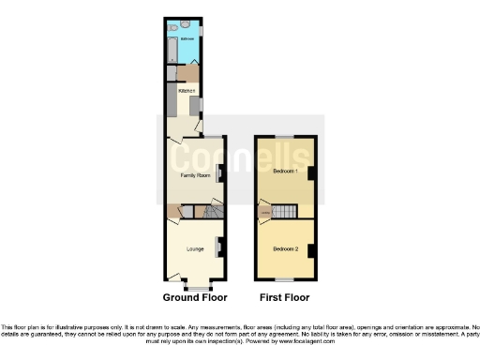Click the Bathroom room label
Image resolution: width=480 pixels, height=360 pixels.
coord(187,39)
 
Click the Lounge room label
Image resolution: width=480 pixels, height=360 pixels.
coord(195,248)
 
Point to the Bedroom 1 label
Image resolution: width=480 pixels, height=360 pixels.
coord(286,172)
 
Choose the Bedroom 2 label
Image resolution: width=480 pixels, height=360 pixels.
coord(286,248)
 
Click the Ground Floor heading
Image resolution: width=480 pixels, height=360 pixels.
coord(195,297)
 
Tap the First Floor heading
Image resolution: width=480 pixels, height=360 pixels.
coord(284,297)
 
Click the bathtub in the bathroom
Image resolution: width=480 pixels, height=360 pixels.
coord(172,49)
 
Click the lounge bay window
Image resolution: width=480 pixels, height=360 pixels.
coord(195,283)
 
